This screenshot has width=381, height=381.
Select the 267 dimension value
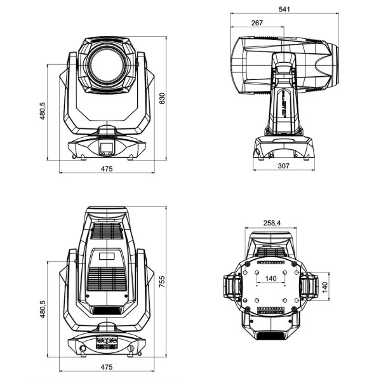[257, 23]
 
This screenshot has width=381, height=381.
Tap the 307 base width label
[283, 166]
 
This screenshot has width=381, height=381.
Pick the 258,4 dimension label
[272, 223]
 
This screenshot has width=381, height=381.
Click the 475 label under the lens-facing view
[107, 168]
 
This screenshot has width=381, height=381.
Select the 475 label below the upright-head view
[107, 368]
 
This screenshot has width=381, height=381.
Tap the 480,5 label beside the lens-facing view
[43, 111]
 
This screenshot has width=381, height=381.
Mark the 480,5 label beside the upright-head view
[43, 310]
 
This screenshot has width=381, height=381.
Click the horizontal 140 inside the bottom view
[271, 277]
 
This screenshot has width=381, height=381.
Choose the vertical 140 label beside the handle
[325, 288]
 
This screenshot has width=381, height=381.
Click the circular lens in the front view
[107, 67]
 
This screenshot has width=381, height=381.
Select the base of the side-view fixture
[283, 147]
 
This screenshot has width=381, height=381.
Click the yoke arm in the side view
[283, 95]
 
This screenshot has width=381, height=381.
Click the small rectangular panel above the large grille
[107, 256]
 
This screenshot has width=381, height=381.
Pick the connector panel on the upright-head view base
[107, 343]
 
